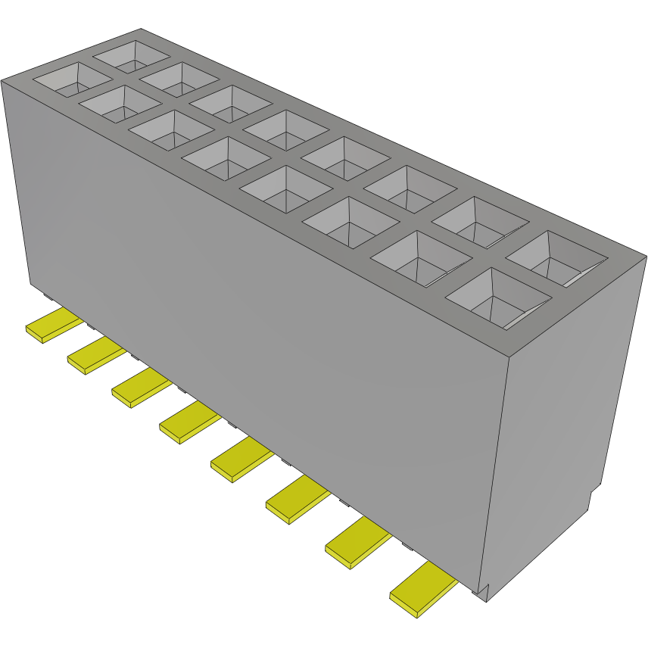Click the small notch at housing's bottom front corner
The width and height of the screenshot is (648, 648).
(484, 591)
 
